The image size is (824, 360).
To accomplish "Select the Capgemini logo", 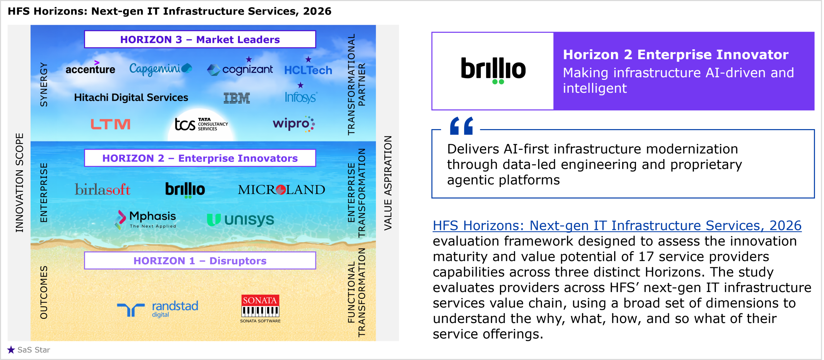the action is (x=161, y=69).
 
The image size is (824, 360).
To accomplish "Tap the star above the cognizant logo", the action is (x=249, y=59).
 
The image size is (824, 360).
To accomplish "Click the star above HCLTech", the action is (x=308, y=59).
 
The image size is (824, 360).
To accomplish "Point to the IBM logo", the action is (x=237, y=98).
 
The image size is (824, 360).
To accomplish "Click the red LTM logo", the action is (x=110, y=124).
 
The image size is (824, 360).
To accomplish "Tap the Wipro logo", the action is (x=294, y=124).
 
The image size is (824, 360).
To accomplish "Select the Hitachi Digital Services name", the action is (x=131, y=97).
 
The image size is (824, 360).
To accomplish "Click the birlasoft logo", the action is (x=103, y=189).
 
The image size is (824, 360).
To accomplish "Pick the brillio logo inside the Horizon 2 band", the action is (x=185, y=190).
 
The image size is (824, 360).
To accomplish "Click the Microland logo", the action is (x=281, y=190).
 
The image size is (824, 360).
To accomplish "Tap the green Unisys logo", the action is (x=240, y=220).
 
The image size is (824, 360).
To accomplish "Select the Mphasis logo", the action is (x=145, y=220).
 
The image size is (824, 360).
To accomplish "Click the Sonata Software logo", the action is (x=260, y=308).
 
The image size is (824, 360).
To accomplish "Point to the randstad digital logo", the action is (x=158, y=309).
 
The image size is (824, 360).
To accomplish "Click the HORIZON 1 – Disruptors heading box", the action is (x=200, y=261).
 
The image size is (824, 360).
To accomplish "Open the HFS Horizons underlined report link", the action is (x=617, y=225).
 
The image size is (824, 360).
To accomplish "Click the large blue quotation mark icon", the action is (x=462, y=126).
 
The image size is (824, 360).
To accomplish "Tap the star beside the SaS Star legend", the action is (x=11, y=350).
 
